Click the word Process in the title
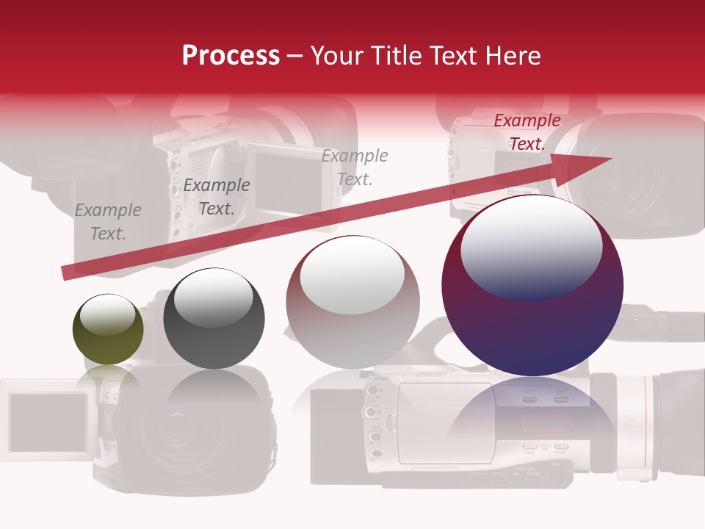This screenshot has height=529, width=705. [231, 56]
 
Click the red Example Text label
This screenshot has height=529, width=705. [527, 132]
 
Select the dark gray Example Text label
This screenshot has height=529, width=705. [216, 197]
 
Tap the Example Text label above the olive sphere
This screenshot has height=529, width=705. [108, 222]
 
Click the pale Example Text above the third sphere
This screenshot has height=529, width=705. [355, 167]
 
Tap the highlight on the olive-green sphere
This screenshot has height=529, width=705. [108, 314]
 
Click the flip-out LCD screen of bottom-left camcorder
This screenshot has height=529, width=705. [48, 422]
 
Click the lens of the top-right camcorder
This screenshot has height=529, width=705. [624, 176]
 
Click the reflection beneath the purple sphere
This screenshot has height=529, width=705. [532, 411]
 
